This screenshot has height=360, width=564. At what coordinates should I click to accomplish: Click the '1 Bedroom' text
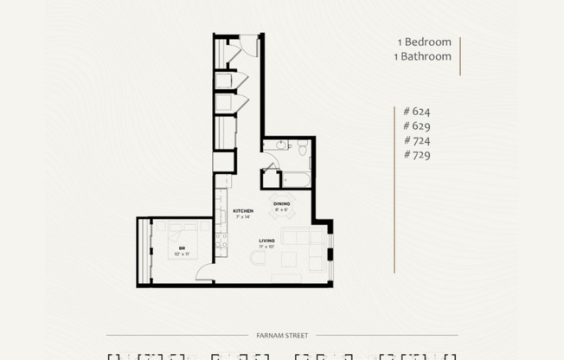(424, 42)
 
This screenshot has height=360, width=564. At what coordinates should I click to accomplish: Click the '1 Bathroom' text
(424, 56)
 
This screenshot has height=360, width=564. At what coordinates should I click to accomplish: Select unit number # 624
(416, 111)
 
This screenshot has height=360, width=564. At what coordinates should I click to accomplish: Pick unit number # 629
(416, 125)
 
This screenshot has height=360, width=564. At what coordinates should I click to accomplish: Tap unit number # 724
(416, 140)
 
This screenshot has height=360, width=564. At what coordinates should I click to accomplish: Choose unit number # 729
(416, 155)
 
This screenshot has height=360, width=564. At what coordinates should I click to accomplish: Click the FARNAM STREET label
(282, 335)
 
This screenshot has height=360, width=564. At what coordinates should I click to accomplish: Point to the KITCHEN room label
(243, 211)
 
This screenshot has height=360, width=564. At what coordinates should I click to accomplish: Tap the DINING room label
(282, 203)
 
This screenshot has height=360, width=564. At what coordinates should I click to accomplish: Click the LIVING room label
(268, 241)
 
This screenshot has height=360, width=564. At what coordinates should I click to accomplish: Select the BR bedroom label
(182, 247)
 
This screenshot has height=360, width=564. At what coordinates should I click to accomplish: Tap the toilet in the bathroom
(302, 151)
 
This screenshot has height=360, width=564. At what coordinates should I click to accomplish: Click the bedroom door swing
(202, 273)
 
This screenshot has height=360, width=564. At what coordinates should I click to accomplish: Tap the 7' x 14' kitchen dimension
(243, 217)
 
